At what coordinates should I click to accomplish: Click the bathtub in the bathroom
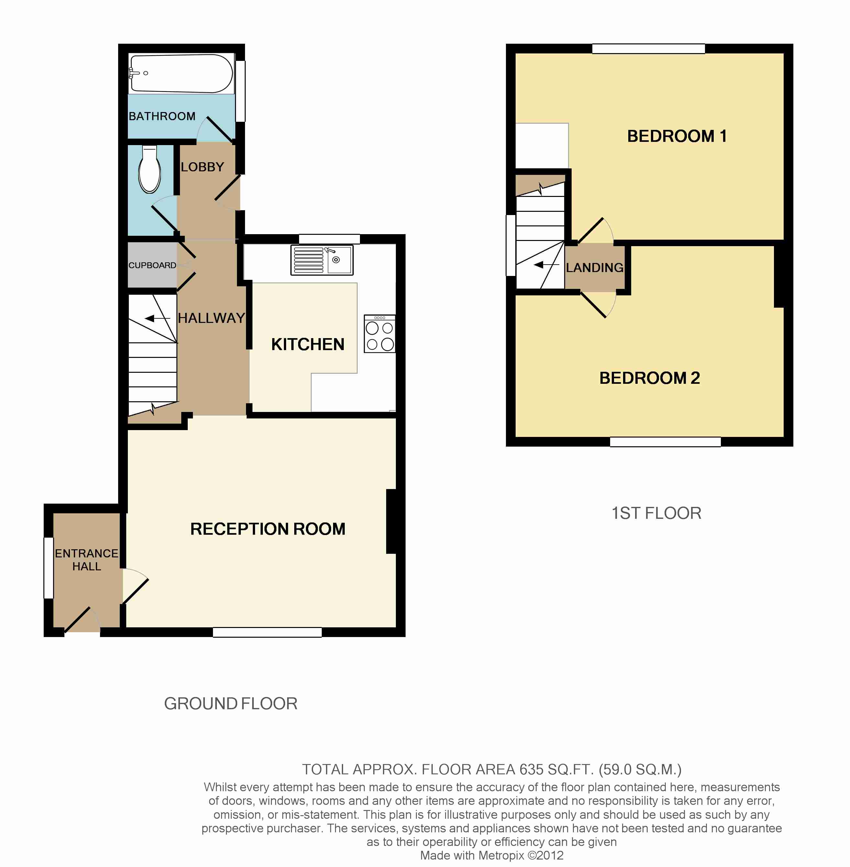[x=181, y=74]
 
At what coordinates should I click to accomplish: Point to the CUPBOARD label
[x=152, y=265]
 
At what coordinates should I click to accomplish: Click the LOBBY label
[x=202, y=167]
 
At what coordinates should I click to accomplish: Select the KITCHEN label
[x=308, y=344]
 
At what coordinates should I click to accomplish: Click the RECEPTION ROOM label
[x=268, y=529]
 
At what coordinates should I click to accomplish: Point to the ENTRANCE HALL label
[x=87, y=560]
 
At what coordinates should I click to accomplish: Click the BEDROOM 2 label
[x=650, y=378]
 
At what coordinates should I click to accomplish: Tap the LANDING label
[x=595, y=268]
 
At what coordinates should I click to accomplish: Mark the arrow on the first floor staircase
[x=546, y=265]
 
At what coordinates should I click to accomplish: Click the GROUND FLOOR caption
[x=231, y=703]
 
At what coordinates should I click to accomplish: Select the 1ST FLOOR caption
[x=656, y=513]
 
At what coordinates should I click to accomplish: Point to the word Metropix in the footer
[x=501, y=855]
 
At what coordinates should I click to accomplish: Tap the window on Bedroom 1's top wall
[x=648, y=49]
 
